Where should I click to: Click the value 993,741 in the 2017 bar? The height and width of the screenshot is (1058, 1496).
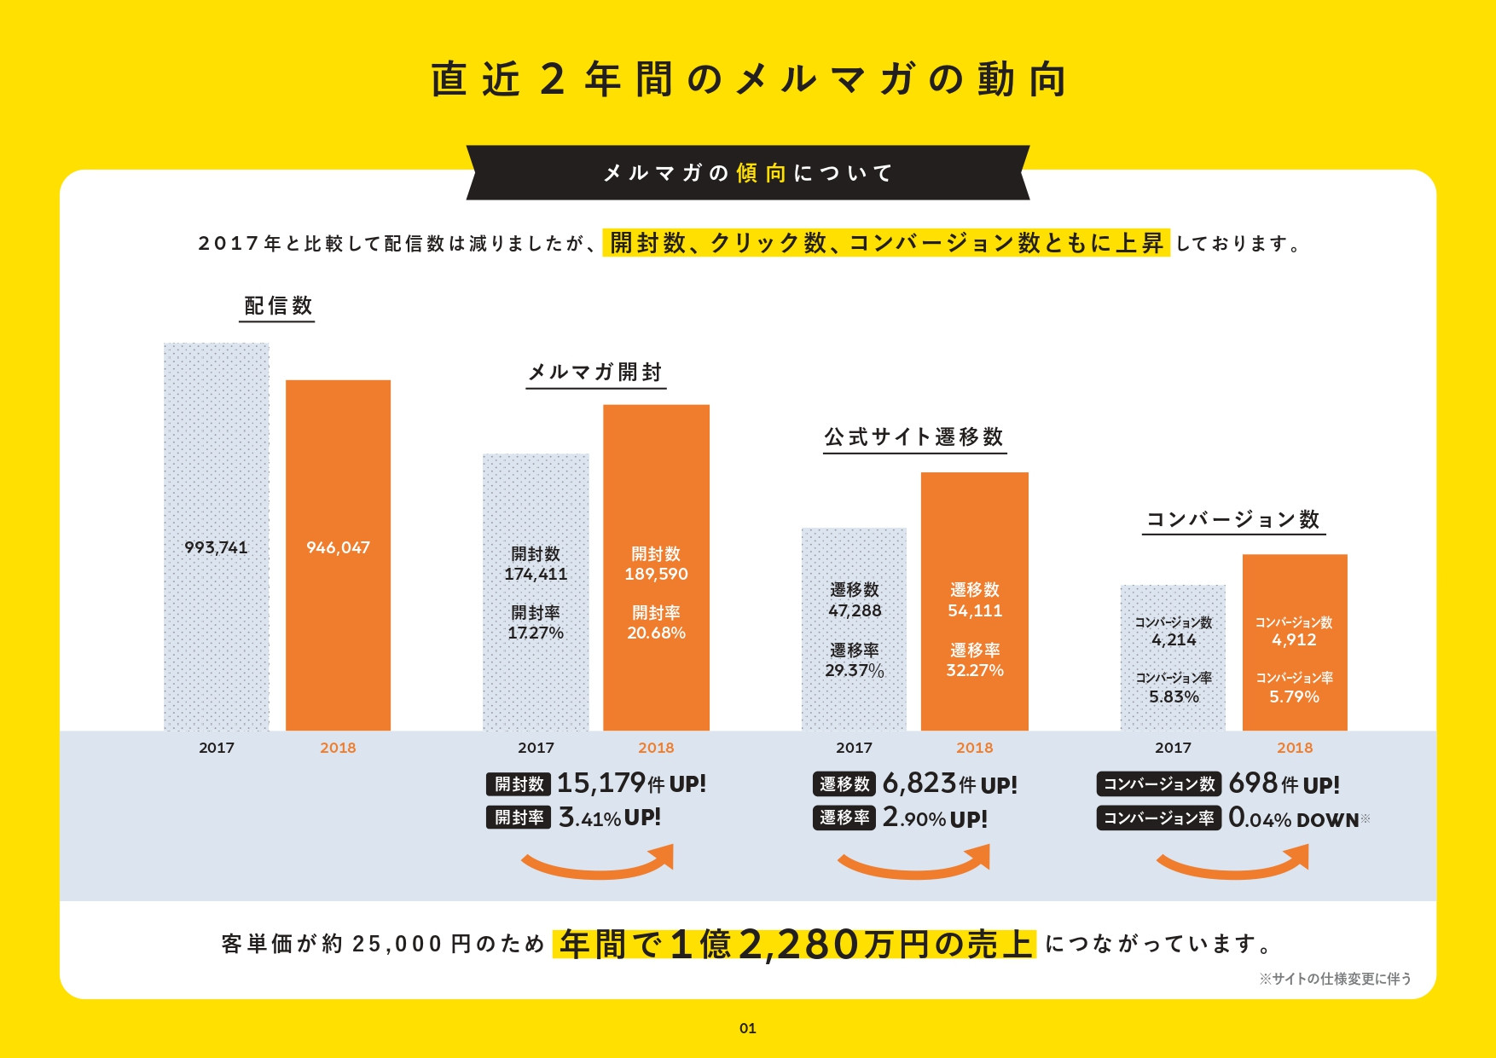pyautogui.click(x=216, y=547)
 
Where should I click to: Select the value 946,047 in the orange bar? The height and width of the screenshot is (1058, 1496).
pyautogui.click(x=338, y=547)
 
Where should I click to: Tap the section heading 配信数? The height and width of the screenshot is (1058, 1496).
pyautogui.click(x=278, y=306)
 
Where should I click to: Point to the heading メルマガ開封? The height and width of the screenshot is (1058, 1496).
pyautogui.click(x=595, y=373)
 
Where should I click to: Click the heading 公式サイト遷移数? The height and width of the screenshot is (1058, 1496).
pyautogui.click(x=913, y=437)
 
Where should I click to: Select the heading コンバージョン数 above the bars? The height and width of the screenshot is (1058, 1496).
pyautogui.click(x=1232, y=519)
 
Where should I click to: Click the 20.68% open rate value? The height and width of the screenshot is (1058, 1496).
pyautogui.click(x=656, y=633)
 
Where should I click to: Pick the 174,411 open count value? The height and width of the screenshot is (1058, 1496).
pyautogui.click(x=536, y=574)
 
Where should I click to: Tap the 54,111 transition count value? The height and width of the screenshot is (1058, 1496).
pyautogui.click(x=975, y=610)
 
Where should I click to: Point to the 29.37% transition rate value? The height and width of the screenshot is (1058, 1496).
pyautogui.click(x=854, y=670)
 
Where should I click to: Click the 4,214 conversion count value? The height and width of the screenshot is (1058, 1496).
pyautogui.click(x=1174, y=639)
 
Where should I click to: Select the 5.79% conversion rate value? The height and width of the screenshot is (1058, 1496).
pyautogui.click(x=1294, y=697)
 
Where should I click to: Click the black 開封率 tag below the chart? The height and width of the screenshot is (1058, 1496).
pyautogui.click(x=519, y=818)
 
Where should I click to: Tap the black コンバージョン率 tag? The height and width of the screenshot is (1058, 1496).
pyautogui.click(x=1158, y=818)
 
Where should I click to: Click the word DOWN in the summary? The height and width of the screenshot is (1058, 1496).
pyautogui.click(x=1327, y=820)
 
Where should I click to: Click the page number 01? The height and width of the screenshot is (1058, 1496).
pyautogui.click(x=747, y=1028)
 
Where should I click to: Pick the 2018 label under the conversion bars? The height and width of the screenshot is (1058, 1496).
pyautogui.click(x=1294, y=748)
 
